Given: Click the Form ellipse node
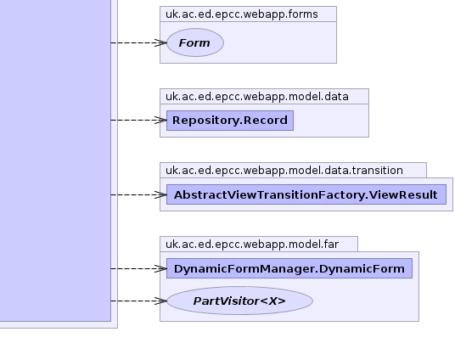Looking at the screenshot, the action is (x=195, y=42).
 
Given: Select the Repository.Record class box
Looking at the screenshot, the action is (x=230, y=121).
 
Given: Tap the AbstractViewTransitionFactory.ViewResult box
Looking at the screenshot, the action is (x=306, y=194).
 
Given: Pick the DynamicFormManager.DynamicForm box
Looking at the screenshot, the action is (x=289, y=268).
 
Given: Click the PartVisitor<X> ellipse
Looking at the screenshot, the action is (x=240, y=301).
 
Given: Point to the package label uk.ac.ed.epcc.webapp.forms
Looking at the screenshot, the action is (x=242, y=14).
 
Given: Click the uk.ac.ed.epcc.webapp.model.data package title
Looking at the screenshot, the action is (x=257, y=97).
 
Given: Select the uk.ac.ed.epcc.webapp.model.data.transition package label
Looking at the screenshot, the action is (x=284, y=171).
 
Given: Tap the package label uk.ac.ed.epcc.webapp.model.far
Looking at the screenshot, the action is (x=252, y=245).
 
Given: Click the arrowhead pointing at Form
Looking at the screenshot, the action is (x=160, y=42).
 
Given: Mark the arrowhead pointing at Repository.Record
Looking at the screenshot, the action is (x=160, y=120).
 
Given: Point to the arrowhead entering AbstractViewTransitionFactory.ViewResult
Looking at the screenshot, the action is (x=160, y=194).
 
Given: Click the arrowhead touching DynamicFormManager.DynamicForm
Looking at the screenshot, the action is (x=160, y=268).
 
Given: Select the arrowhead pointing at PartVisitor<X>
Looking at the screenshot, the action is (x=160, y=301).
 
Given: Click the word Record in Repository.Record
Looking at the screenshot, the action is (x=266, y=121).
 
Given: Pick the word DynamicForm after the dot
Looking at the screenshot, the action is (x=362, y=269).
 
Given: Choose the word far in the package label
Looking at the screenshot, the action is (x=331, y=245).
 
